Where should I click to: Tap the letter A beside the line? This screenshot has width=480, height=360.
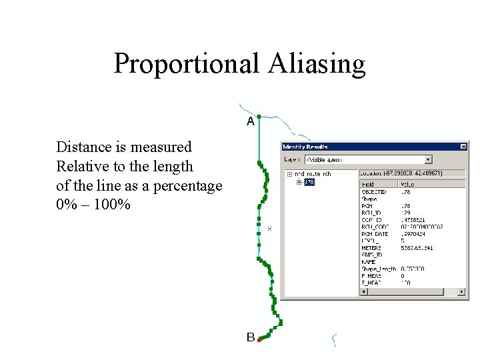pos(251,121)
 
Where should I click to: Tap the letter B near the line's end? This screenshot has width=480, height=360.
pos(251,337)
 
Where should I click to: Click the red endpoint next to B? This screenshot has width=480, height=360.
pos(259,340)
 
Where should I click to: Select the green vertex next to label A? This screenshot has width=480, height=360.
pos(259,117)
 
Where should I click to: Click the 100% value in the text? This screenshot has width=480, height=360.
pos(112,204)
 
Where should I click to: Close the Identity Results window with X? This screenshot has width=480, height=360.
pos(463,147)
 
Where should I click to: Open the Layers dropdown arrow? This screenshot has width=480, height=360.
pos(428,159)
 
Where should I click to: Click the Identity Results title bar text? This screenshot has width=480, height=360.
pos(307,147)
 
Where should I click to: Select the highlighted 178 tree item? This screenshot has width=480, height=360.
pos(309,182)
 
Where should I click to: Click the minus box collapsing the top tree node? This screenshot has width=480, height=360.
pos(290,174)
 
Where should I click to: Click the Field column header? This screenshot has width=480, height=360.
pos(368,184)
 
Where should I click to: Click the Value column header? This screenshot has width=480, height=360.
pos(407,184)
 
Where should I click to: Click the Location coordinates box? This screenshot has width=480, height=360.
pos(411,173)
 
